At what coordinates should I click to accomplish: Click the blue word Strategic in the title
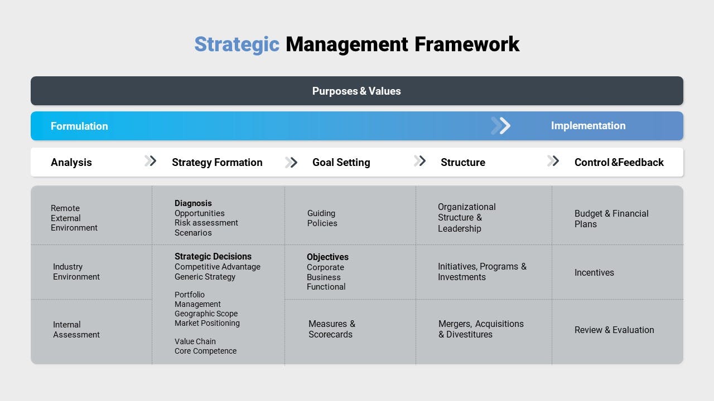[x=237, y=45]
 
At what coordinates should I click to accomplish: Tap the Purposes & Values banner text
[x=356, y=91]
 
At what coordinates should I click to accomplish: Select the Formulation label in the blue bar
[x=79, y=126]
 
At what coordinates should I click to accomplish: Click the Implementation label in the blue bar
[x=588, y=126]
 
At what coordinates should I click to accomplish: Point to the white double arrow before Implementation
[x=501, y=126]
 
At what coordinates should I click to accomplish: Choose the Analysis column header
[x=71, y=162]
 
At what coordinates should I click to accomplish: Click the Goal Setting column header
[x=341, y=162]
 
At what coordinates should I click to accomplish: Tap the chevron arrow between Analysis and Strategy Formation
[x=151, y=161]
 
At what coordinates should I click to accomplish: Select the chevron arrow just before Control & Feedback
[x=553, y=161]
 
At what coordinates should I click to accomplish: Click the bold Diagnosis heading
[x=193, y=203]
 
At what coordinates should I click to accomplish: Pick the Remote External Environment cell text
[x=74, y=218]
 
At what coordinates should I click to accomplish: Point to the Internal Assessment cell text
[x=76, y=329]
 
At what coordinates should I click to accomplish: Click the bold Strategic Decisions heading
[x=213, y=256]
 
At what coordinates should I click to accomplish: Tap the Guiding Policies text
[x=322, y=218]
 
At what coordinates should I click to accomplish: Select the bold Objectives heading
[x=327, y=257]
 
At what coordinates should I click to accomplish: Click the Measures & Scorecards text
[x=332, y=329]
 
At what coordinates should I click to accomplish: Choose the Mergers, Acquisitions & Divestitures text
[x=481, y=329]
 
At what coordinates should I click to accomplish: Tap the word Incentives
[x=594, y=272]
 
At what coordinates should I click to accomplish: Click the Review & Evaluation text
[x=614, y=330]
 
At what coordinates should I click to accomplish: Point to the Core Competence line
[x=205, y=351]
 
